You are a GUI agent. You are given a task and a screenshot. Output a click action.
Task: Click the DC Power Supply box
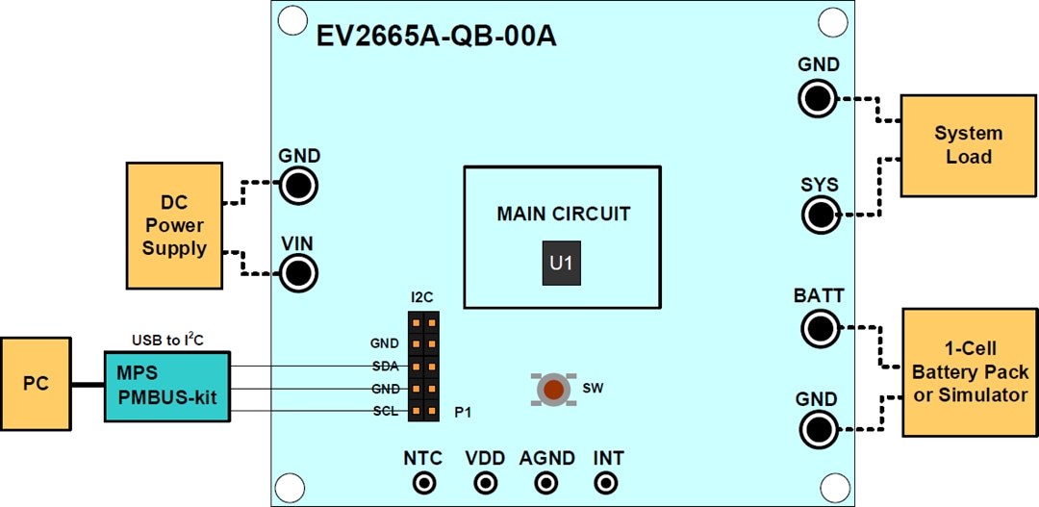174,225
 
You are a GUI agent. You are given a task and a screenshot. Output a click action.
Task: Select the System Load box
968,144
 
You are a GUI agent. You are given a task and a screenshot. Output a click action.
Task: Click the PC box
36,384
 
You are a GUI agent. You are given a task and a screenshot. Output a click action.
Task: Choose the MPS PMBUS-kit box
167,386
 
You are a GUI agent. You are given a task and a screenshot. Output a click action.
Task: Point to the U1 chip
562,265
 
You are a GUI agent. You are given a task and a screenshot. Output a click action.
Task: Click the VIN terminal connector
299,274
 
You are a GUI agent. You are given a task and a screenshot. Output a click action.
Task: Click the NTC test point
423,484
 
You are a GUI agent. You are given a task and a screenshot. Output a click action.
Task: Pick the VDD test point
485,484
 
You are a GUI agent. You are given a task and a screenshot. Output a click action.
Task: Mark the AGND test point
546,484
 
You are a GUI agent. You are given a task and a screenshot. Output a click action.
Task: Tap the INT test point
608,484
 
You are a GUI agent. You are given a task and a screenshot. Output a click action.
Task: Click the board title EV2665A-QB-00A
437,38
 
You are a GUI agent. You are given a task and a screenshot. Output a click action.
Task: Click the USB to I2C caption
166,340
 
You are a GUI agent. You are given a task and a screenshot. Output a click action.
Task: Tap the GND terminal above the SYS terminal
819,98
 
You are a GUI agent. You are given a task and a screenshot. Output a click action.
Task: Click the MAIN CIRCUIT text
563,214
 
